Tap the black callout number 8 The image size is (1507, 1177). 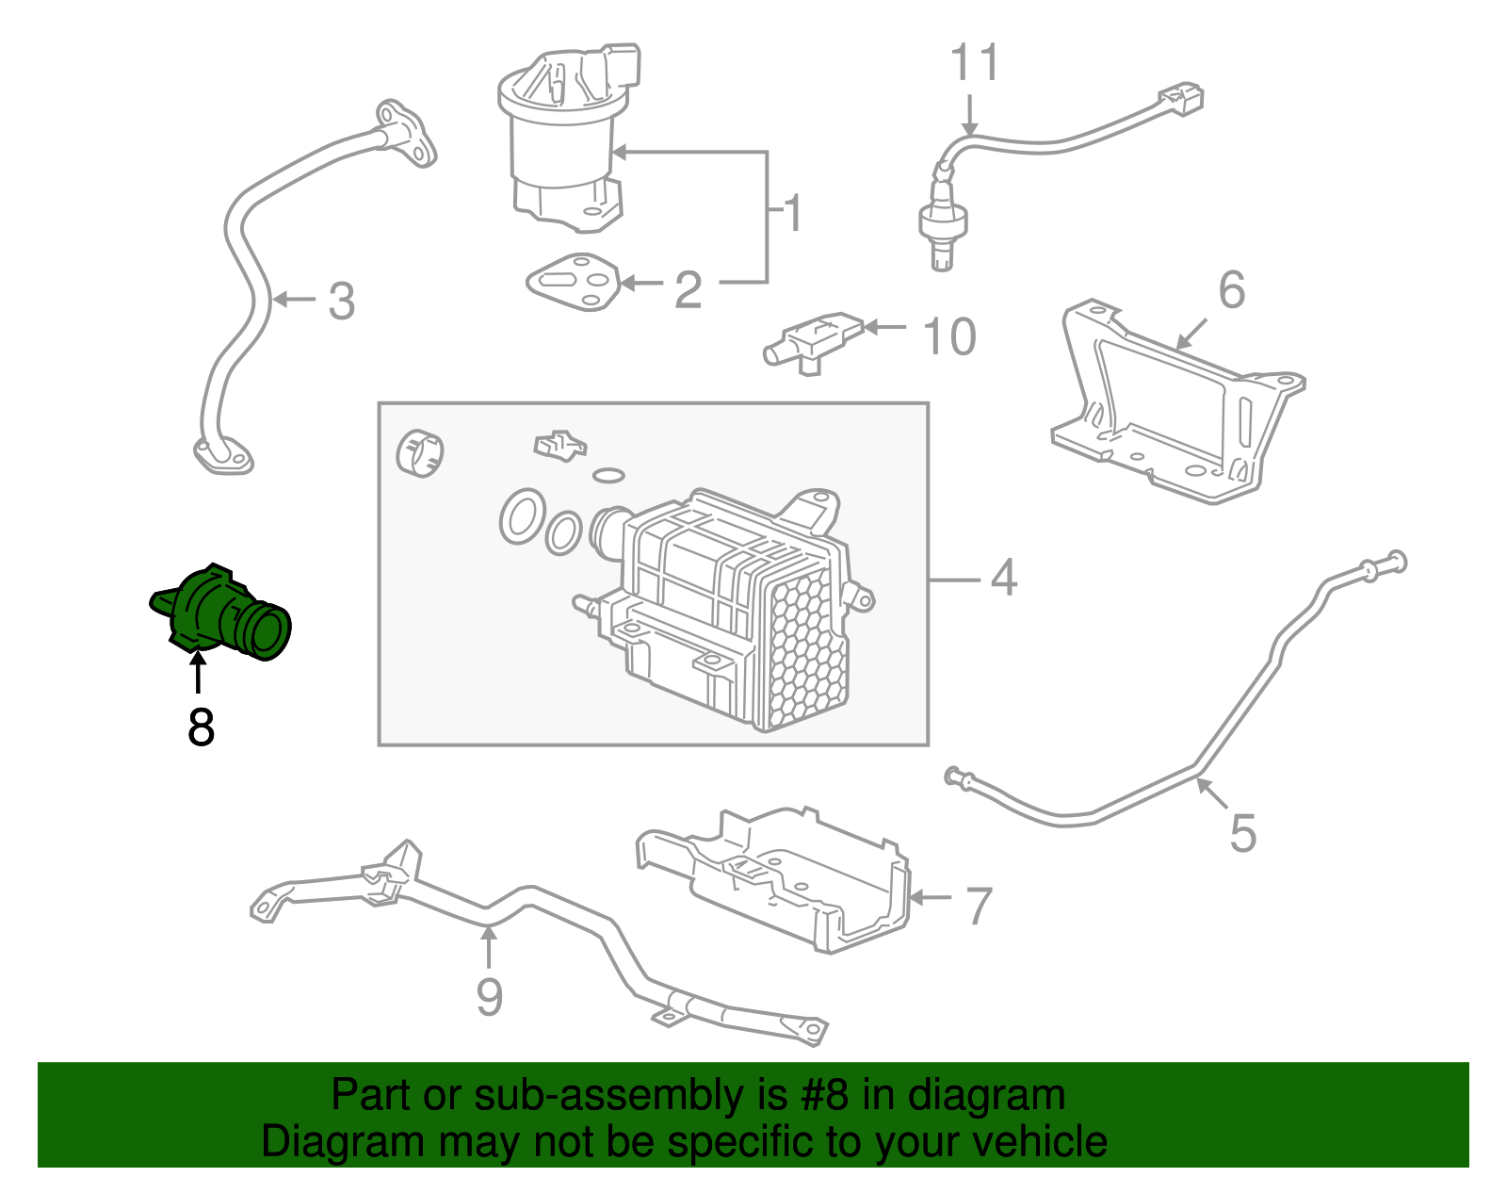click(x=201, y=727)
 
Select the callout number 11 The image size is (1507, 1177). click(x=974, y=63)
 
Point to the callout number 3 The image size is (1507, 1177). click(x=341, y=302)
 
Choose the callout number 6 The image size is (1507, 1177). click(x=1231, y=289)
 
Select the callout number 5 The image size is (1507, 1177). click(x=1242, y=833)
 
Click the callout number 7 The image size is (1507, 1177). click(x=980, y=906)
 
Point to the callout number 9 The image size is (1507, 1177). click(x=489, y=997)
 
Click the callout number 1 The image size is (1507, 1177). click(x=793, y=214)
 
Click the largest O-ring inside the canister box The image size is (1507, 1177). click(x=520, y=516)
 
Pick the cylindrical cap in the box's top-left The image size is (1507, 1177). click(x=420, y=452)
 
